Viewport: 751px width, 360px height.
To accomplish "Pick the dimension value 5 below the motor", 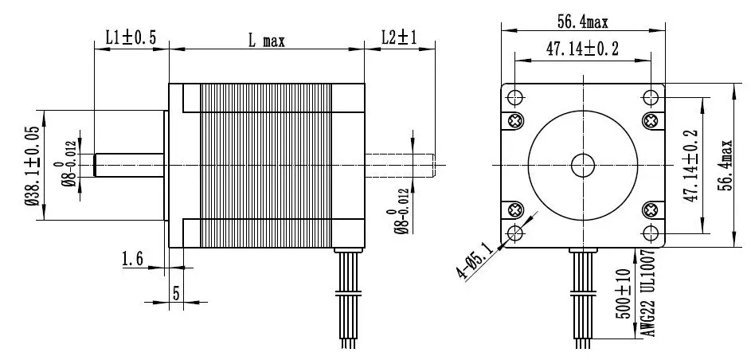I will click(176, 292).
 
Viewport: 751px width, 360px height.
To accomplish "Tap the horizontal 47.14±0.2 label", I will click(582, 49).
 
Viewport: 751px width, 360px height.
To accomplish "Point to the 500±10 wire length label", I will click(622, 294).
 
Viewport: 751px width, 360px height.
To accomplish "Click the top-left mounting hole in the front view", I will click(514, 97).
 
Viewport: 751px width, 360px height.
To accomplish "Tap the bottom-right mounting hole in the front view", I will click(651, 233).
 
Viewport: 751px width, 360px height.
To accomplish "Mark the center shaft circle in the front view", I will click(582, 165).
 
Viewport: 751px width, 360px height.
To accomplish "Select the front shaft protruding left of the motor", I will click(128, 165).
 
